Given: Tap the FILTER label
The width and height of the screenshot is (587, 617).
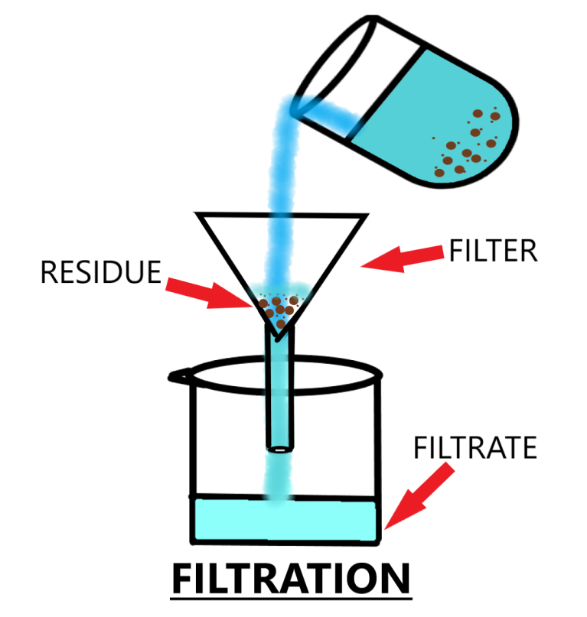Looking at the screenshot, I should (x=493, y=251).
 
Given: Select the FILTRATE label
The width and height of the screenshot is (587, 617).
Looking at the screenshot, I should (x=474, y=447).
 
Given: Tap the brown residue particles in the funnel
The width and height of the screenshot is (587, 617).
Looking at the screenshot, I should (x=277, y=308).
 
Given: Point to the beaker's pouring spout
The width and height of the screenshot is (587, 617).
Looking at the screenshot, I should (x=178, y=375).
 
